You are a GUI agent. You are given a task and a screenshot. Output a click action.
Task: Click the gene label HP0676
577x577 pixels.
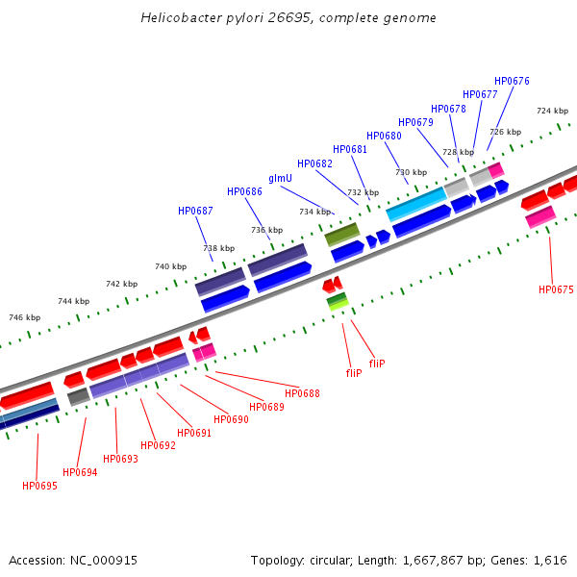512,82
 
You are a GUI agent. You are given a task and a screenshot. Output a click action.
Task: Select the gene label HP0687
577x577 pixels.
195,211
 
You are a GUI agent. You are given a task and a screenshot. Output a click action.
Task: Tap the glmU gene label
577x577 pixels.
280,178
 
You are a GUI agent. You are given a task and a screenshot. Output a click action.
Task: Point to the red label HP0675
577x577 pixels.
556,289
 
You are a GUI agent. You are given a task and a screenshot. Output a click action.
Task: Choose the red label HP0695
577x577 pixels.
39,486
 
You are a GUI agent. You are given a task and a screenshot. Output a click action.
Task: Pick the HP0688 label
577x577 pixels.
302,393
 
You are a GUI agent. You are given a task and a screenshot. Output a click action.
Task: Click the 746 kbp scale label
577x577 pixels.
24,317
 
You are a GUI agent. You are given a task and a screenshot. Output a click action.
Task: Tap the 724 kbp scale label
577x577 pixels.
552,111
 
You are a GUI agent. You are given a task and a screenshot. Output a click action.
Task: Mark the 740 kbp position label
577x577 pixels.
170,266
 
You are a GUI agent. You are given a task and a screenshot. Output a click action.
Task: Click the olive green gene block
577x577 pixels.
341,234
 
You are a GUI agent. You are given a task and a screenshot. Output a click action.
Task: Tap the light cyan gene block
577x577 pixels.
415,203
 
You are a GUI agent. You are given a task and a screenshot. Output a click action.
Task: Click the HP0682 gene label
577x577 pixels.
314,163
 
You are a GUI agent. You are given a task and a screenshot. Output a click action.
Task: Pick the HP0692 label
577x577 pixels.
158,445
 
